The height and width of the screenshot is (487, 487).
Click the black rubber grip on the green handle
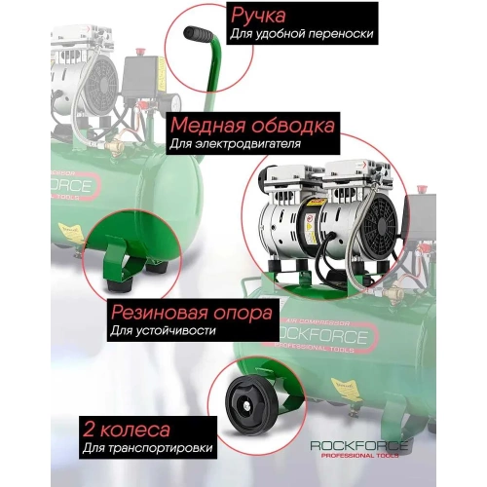click(x=201, y=38)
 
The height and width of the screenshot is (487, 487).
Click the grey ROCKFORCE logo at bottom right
click(x=360, y=445)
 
